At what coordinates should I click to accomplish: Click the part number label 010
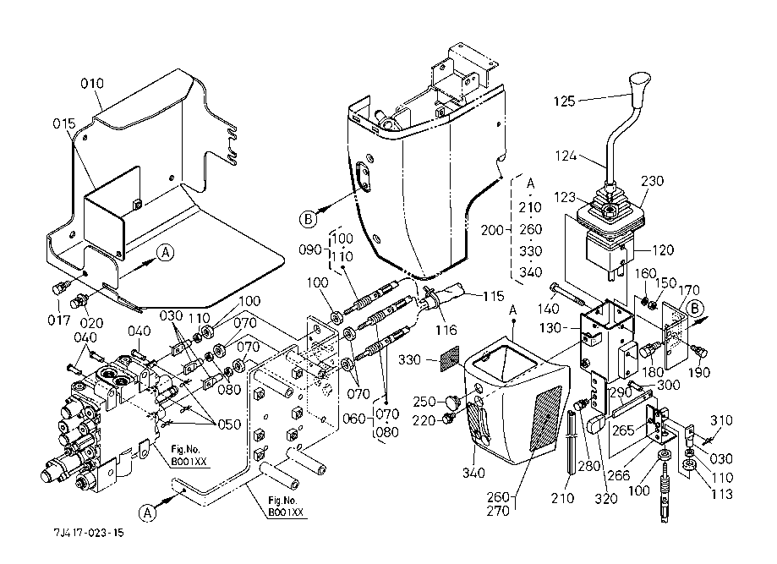pos(92,84)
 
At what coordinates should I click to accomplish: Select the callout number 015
pos(64,124)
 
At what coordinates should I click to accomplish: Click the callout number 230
pos(653,181)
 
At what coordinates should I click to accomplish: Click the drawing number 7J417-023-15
pos(86,534)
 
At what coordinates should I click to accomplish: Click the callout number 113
pos(722,495)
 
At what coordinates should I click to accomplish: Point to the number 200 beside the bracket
pos(492,229)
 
